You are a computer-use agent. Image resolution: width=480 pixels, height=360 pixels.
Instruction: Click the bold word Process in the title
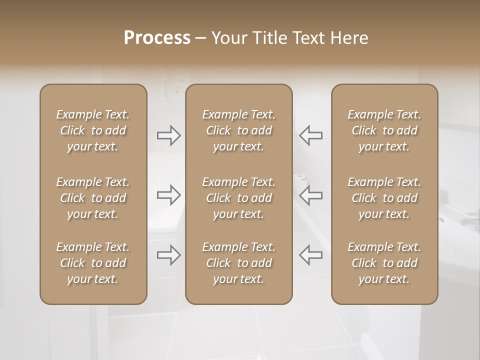pos(157,38)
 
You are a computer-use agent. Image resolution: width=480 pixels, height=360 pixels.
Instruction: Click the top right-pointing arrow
pos(169,135)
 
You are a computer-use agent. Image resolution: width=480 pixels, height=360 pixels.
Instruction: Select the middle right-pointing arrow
pos(169,195)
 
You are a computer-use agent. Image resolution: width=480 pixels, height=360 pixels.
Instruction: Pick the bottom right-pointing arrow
pos(169,254)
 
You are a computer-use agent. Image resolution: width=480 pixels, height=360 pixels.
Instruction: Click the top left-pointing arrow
pos(310,135)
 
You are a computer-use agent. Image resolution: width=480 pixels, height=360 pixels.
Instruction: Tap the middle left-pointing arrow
pos(310,195)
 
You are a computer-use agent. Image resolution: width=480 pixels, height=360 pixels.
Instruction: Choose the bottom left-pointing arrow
pos(310,254)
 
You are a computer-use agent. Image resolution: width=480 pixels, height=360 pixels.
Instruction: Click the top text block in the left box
pos(93,130)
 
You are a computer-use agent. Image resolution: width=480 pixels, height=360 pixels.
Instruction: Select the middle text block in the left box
pos(93,198)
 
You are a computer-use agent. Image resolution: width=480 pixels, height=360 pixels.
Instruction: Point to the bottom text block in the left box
pos(93,263)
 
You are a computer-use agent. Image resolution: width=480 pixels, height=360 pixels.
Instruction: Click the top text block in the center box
pos(238,130)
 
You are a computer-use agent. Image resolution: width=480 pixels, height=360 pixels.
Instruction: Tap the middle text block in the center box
pos(238,198)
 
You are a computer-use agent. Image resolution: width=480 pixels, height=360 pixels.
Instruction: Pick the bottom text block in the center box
pos(238,263)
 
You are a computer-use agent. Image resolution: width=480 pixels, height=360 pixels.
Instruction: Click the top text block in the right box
pos(384,130)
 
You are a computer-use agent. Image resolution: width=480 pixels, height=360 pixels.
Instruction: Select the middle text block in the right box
pos(384,198)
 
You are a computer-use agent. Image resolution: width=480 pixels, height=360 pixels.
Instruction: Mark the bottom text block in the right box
pos(384,263)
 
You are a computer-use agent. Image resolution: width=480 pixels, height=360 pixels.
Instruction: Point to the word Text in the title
pos(310,38)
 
